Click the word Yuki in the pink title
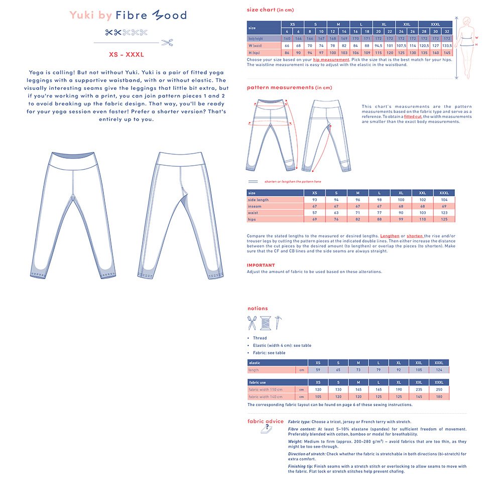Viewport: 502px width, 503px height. point(82,15)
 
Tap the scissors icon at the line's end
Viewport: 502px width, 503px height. point(168,42)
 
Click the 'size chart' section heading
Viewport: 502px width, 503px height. point(261,10)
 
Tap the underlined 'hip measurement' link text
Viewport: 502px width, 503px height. point(331,60)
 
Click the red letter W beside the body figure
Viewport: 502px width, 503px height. point(476,37)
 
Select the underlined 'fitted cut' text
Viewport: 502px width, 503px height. point(413,116)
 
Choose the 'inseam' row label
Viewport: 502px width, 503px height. point(256,206)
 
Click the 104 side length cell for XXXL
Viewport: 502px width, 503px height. point(444,200)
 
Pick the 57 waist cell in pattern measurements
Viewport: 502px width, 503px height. point(315,213)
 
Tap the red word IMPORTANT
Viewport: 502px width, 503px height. point(261,265)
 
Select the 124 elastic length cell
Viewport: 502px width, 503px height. point(439,370)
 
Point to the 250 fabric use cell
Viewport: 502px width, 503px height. point(439,390)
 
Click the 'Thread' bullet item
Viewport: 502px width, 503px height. point(260,338)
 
